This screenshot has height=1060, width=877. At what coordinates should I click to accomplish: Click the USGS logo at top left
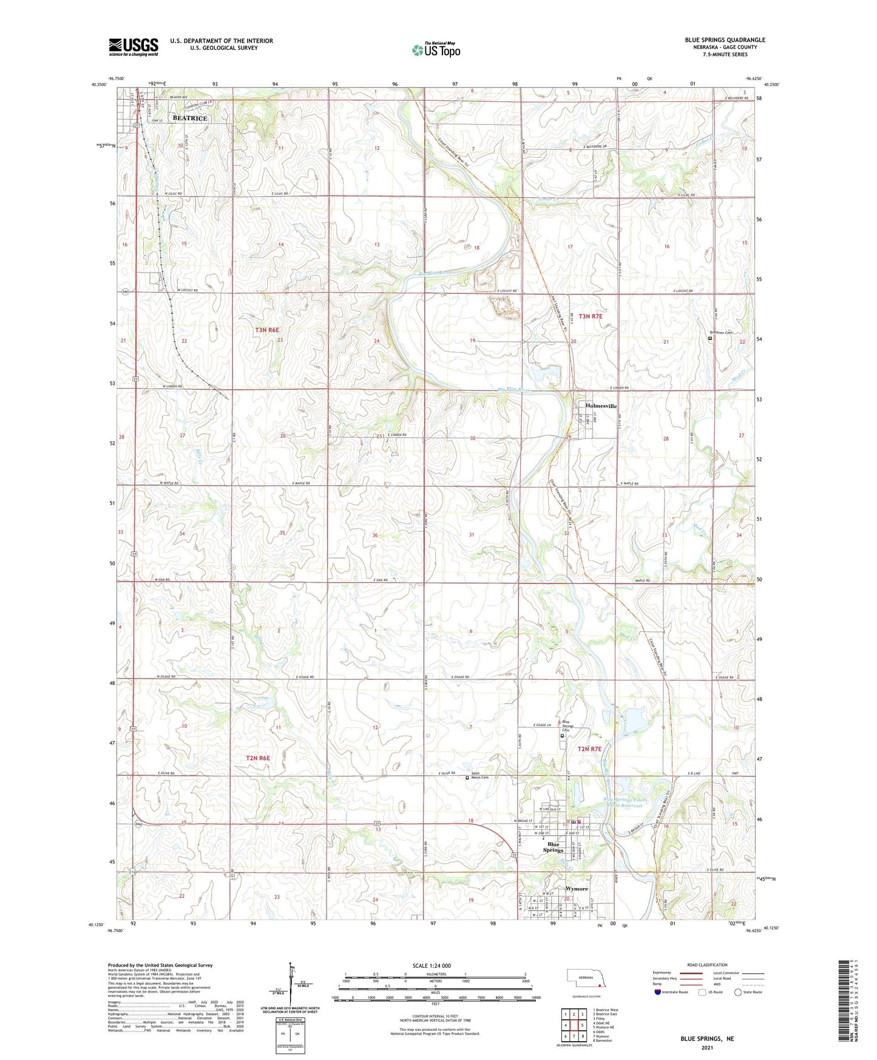pyautogui.click(x=134, y=47)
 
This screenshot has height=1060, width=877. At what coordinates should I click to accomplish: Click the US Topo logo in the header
pyautogui.click(x=435, y=50)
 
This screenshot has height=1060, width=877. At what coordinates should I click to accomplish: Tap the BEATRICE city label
pyautogui.click(x=189, y=118)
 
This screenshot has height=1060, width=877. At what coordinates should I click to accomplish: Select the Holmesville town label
pyautogui.click(x=601, y=406)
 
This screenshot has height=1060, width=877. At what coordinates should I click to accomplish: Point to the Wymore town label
pyautogui.click(x=577, y=888)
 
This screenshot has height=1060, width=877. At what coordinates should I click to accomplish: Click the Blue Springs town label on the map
pyautogui.click(x=553, y=847)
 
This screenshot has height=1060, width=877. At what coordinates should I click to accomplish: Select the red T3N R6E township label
pyautogui.click(x=267, y=330)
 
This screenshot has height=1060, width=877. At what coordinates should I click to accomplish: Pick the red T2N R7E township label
pyautogui.click(x=589, y=749)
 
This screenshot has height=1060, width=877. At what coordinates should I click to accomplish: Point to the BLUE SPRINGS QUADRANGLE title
pyautogui.click(x=725, y=40)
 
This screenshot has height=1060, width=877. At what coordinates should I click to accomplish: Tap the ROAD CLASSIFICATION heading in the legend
pyautogui.click(x=707, y=965)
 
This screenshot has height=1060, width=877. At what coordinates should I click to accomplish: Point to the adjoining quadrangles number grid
pyautogui.click(x=574, y=1025)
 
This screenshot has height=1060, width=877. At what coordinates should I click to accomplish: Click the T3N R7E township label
pyautogui.click(x=590, y=316)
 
